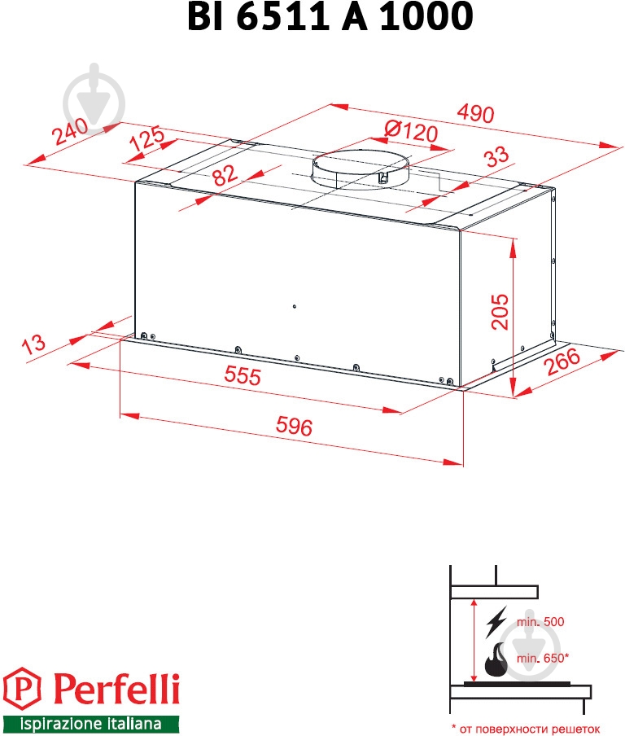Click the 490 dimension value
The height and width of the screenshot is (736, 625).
[475, 113]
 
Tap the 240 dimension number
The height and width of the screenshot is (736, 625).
[70, 131]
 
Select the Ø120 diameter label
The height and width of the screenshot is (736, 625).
[411, 131]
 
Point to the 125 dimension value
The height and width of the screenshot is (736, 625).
[146, 138]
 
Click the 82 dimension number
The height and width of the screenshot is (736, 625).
[225, 175]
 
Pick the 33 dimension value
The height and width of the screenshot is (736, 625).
[496, 156]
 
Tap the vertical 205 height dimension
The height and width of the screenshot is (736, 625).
[500, 312]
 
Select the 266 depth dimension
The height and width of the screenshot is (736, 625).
[562, 361]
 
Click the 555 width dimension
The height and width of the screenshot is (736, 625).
[243, 375]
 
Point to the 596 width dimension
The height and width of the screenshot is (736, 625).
[294, 426]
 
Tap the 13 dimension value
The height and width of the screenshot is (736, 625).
[33, 344]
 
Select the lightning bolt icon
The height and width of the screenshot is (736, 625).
[496, 621]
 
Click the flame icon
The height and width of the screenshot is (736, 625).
[495, 659]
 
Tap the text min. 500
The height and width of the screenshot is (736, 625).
[540, 622]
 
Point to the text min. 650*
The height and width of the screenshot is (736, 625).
[543, 658]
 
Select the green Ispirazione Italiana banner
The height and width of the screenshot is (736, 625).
[90, 723]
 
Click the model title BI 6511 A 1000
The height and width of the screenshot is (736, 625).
[330, 16]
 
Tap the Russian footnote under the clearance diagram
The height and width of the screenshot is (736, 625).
[526, 729]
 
